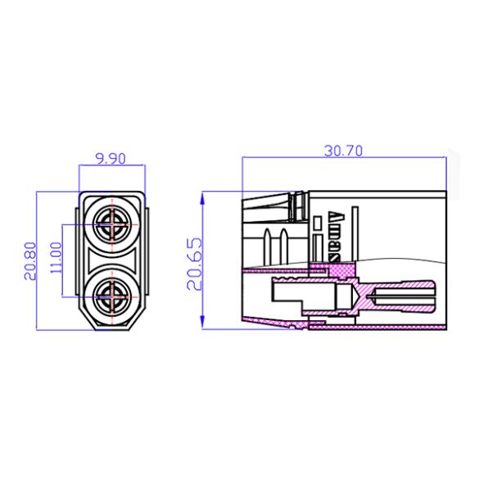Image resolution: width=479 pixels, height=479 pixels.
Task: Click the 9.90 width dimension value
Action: coord(110,159)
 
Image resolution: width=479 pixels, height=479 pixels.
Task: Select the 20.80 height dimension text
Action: coord(30,261)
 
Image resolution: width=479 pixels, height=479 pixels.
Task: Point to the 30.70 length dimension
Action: coord(344,150)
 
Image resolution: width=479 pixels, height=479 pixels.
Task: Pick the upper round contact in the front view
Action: coord(111,223)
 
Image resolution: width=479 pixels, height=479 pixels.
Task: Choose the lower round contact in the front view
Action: coord(111,298)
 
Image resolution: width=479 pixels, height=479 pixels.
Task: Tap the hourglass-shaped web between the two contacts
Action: coord(111,261)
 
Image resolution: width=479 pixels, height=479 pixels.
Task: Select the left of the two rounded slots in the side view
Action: coord(268,243)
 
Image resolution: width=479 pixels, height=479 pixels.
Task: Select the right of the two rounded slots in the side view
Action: coord(282,243)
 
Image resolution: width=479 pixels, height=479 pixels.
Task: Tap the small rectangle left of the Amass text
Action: coord(318,223)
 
